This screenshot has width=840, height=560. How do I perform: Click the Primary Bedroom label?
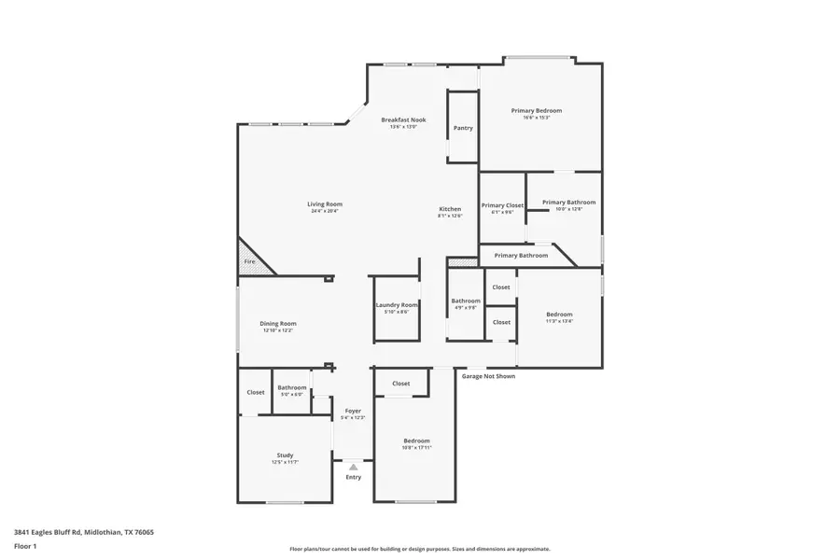point(536,110)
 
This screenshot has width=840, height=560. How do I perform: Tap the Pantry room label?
point(463,128)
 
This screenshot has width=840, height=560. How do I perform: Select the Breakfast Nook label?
point(403,119)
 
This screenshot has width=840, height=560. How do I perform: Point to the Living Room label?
point(325,204)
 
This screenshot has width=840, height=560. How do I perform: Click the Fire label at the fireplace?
point(249,262)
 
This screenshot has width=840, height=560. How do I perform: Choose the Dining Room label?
point(277,324)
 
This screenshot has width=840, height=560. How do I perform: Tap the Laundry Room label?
point(396,305)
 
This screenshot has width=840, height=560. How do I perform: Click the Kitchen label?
point(450,209)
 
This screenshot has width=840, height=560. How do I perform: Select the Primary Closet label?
point(502,205)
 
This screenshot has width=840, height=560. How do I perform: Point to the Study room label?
point(285,455)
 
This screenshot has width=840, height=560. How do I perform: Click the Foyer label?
point(353,411)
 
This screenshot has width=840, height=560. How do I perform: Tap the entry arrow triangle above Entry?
point(353,467)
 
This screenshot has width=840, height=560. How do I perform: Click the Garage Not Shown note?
point(488,376)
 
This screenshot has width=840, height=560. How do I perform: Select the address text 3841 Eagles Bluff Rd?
point(84,532)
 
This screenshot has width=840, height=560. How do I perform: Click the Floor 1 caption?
point(25,545)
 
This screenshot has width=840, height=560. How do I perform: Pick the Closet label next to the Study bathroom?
point(255,392)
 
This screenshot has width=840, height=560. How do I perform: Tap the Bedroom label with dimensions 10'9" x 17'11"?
point(416,441)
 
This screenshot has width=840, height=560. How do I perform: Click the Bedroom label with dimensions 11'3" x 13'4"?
point(559,315)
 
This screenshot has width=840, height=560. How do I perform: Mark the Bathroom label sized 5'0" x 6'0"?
point(291,387)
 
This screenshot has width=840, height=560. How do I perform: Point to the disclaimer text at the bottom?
point(420,549)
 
